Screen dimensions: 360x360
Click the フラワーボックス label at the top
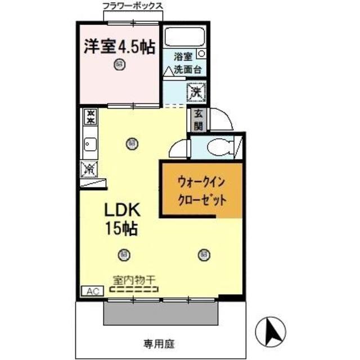[x=133, y=6]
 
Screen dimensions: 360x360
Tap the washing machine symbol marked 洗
[x=197, y=90]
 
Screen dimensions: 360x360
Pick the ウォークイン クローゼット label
[x=202, y=191]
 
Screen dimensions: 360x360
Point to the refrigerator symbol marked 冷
[x=89, y=167]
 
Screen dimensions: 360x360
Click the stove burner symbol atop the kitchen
[x=89, y=116]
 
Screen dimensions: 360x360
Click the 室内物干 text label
[x=134, y=280]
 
